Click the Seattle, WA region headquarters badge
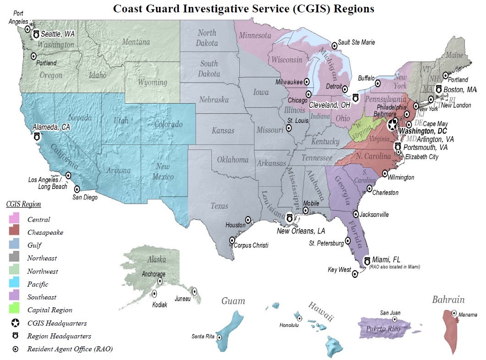36,34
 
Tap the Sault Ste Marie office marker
334,41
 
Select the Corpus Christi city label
251,245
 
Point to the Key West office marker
354,274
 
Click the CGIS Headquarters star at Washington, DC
392,124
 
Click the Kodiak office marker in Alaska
154,294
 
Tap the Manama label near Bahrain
468,315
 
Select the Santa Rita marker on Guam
219,337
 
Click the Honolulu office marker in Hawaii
299,318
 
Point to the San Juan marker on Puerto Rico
394,320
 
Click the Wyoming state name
153,83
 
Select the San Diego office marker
77,189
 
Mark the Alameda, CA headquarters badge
37,136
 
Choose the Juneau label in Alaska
182,299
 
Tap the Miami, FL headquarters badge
367,261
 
